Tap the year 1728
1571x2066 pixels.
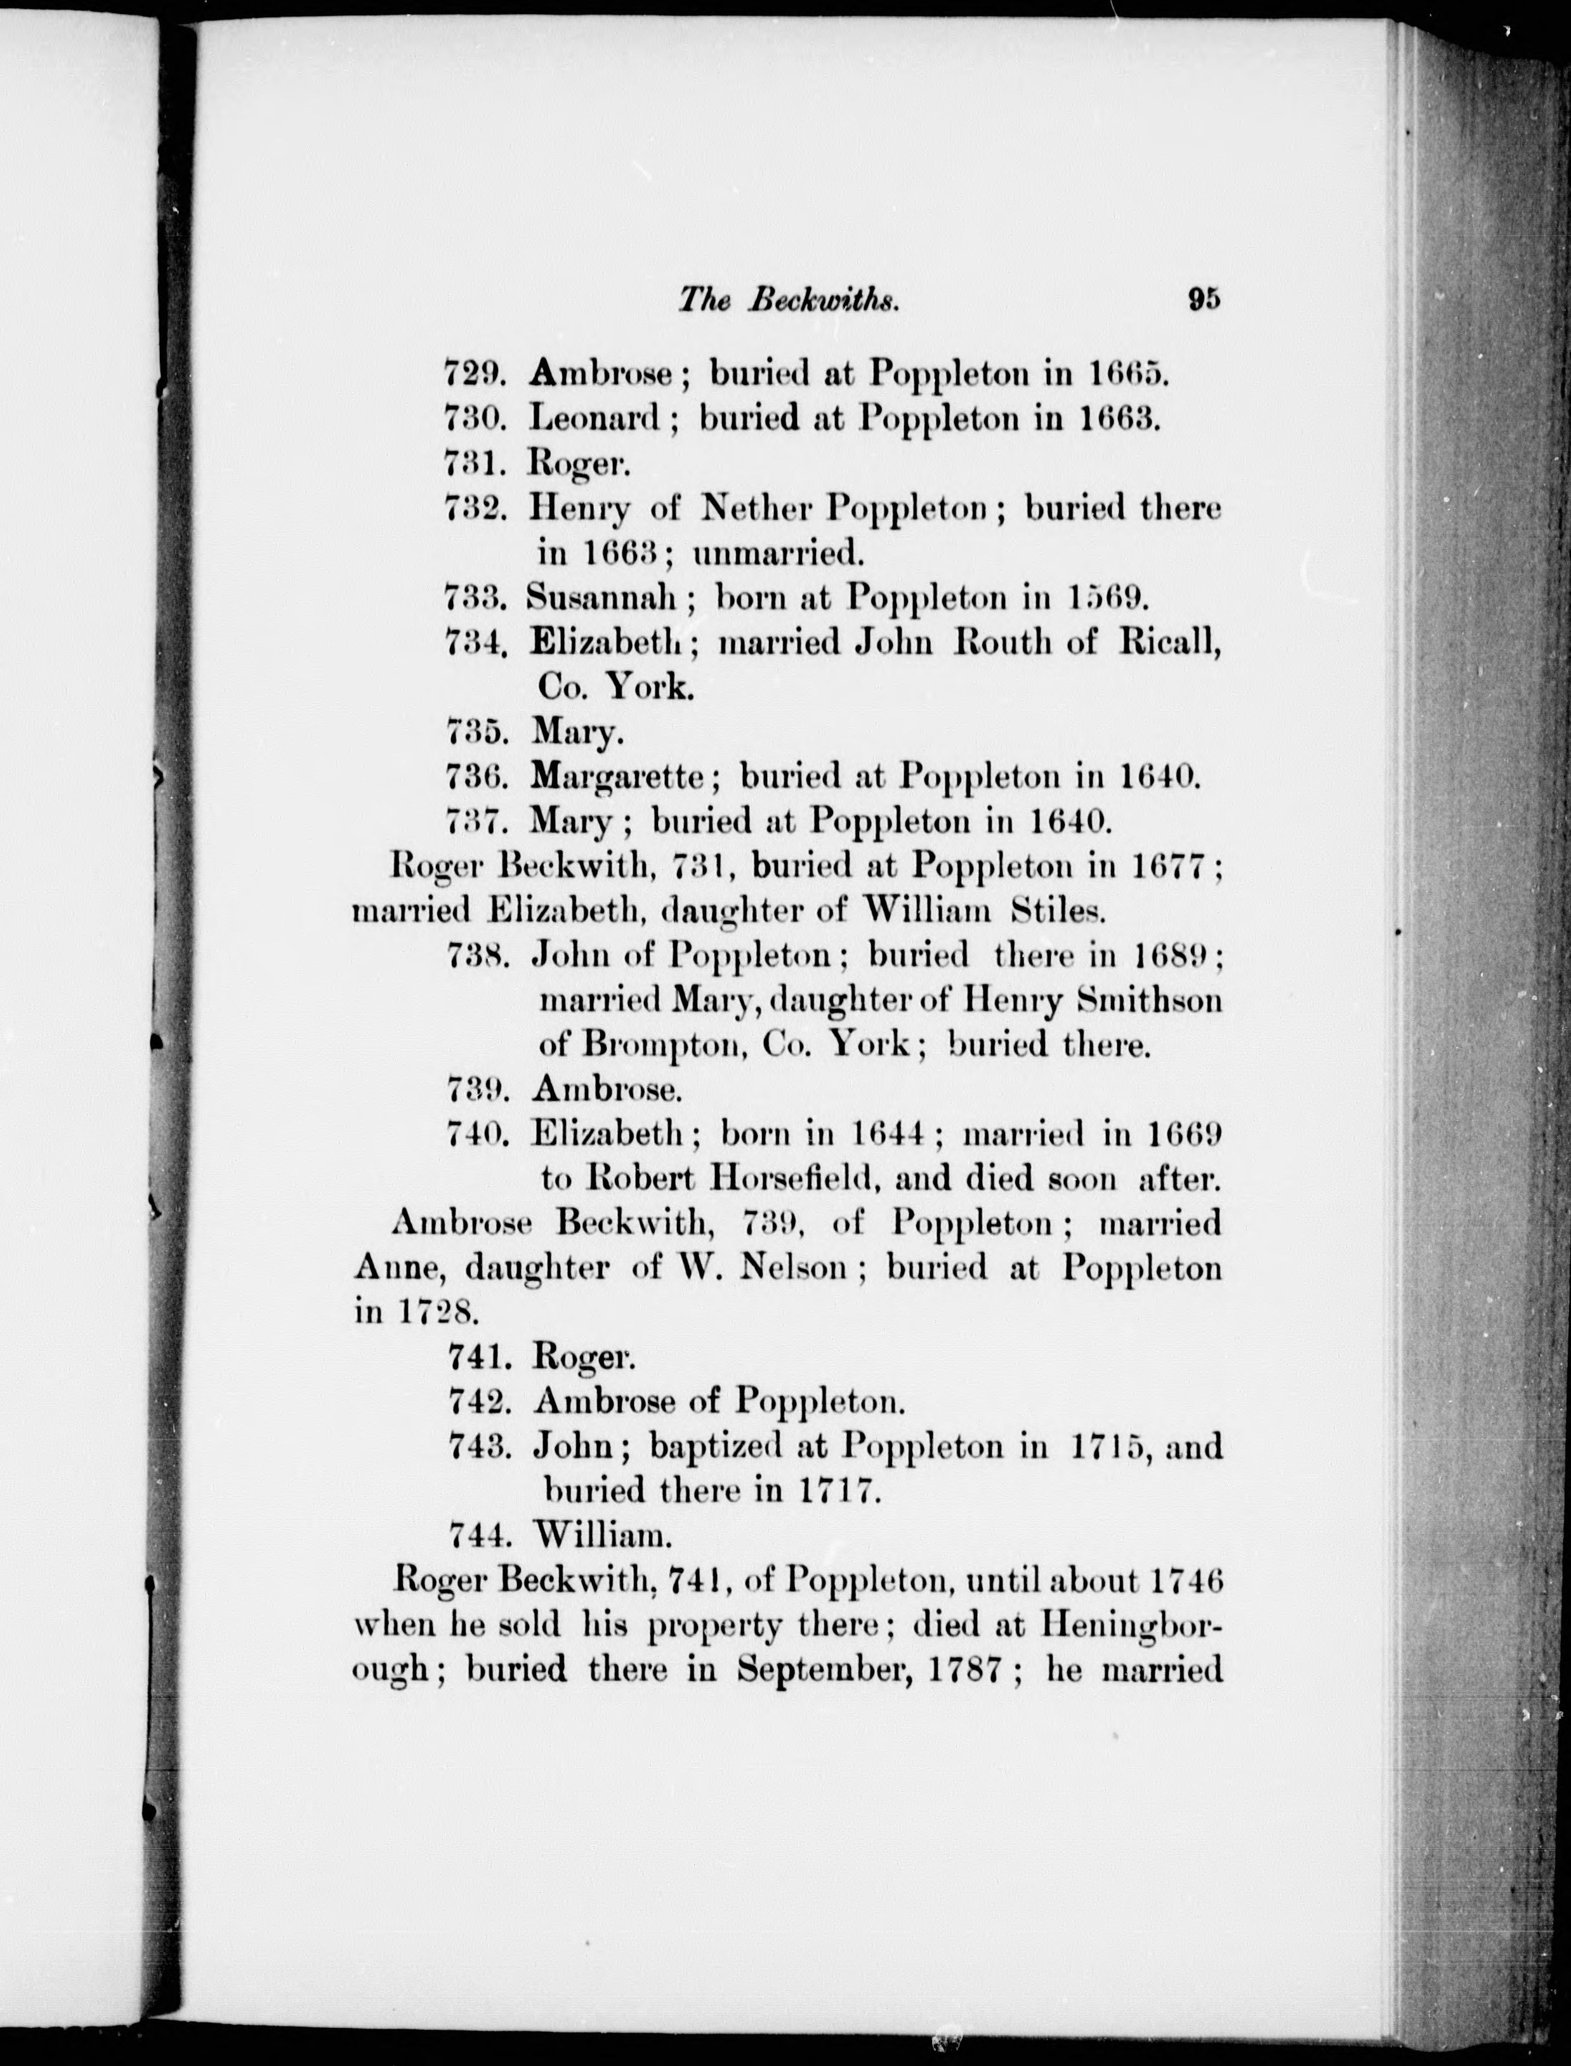(x=438, y=1312)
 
